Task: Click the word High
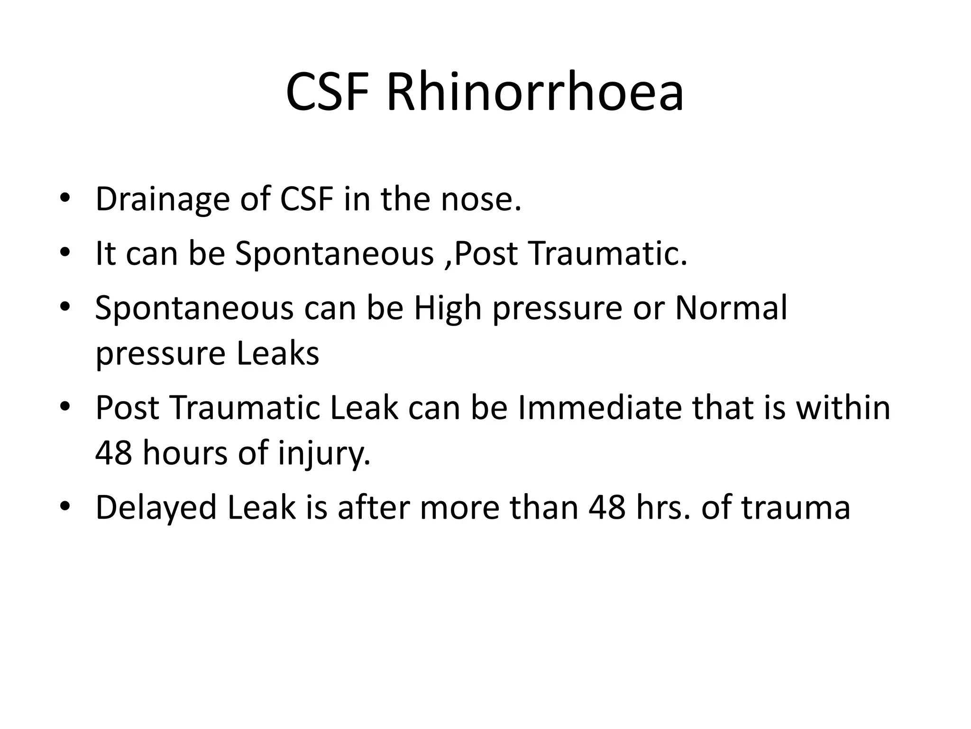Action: [448, 308]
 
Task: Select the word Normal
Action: [731, 308]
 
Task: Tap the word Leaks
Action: [278, 354]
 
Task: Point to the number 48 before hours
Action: [114, 453]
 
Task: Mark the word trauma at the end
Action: [796, 507]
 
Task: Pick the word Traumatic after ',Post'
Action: [608, 253]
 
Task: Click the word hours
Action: [185, 453]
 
